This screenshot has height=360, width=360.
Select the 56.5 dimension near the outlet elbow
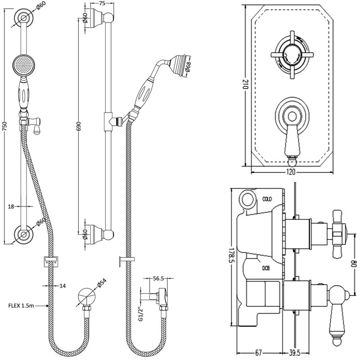click(x=157, y=279)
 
